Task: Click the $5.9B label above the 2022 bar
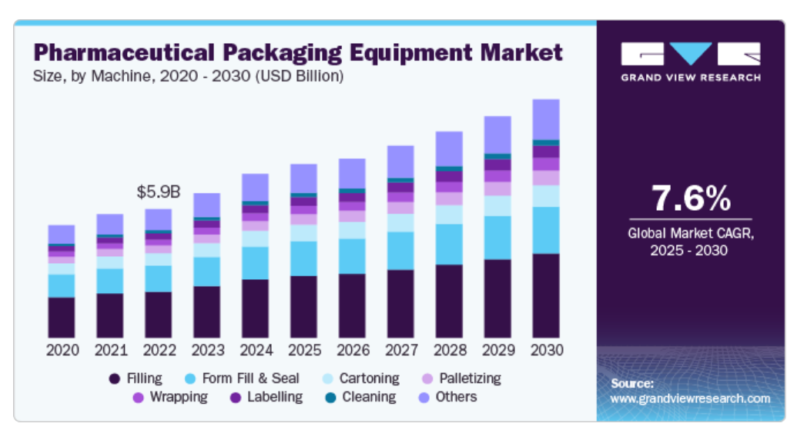[x=158, y=192]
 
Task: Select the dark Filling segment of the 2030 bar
[x=546, y=295]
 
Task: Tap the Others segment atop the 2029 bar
[x=497, y=135]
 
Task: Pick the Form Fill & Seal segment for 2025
[x=303, y=258]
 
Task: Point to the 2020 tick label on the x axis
[x=62, y=350]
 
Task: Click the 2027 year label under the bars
[x=400, y=350]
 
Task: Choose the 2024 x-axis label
[x=255, y=350]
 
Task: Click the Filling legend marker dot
[x=115, y=378]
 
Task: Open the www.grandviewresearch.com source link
[x=690, y=398]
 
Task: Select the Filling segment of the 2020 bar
[x=62, y=317]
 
